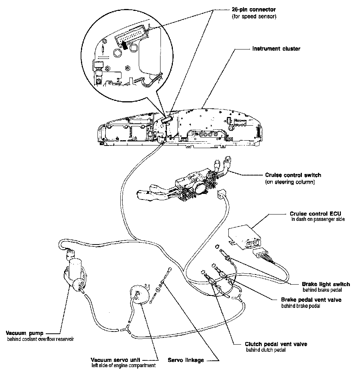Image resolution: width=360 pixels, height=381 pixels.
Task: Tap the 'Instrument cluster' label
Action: point(276,49)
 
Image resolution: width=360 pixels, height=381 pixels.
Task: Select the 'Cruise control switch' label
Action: point(293,175)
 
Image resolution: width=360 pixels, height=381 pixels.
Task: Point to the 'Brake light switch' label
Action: point(325,284)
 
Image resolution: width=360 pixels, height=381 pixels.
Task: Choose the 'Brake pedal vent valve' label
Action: point(311,300)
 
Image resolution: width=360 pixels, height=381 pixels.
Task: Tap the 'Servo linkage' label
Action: point(186,360)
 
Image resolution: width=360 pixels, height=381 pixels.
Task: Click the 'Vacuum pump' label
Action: point(25,333)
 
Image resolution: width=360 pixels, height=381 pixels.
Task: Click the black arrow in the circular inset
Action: point(123,45)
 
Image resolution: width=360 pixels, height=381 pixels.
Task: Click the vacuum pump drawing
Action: point(75,272)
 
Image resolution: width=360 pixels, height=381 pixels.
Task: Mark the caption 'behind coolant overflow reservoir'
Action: point(40,339)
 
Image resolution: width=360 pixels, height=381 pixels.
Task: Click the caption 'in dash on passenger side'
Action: point(317,219)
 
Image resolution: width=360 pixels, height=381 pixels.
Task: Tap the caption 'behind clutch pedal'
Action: point(266,350)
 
